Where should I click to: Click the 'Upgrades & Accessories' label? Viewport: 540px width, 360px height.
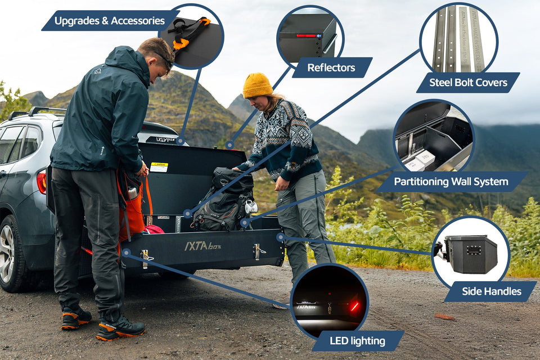(110, 21)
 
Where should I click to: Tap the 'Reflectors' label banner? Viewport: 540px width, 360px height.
(331, 67)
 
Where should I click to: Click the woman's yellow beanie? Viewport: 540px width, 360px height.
(257, 85)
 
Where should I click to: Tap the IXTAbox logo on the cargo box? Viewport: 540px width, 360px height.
(202, 246)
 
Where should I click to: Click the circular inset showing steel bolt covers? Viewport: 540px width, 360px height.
(458, 38)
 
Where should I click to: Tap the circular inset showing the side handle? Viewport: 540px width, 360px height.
(470, 253)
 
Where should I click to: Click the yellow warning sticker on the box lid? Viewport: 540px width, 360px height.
(159, 167)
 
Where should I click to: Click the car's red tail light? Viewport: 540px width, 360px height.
(42, 182)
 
